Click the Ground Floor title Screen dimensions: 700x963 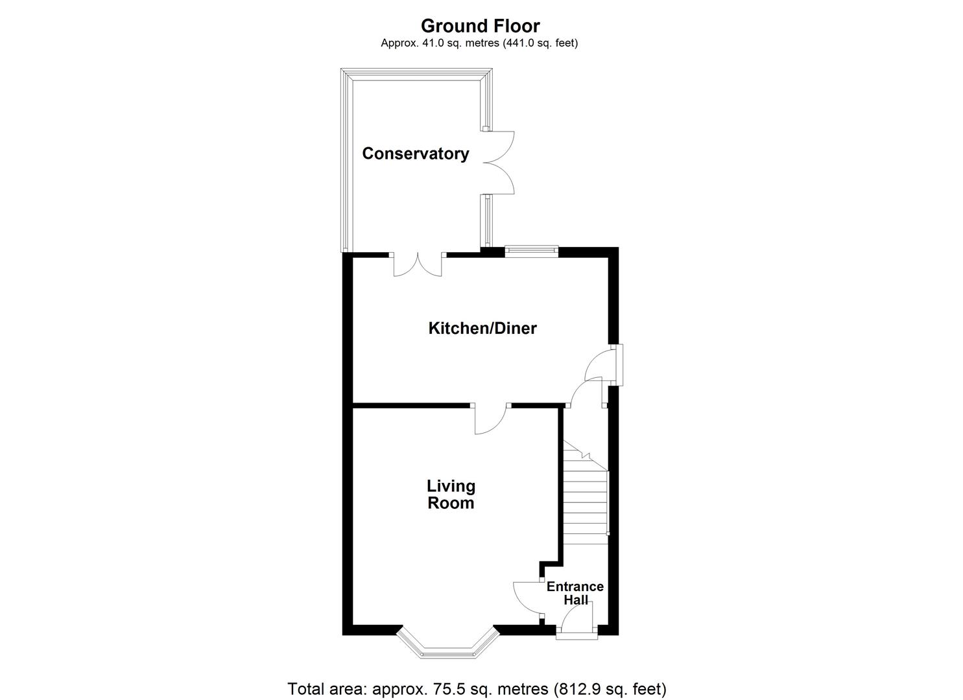coord(480,26)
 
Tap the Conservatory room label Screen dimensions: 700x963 coord(415,154)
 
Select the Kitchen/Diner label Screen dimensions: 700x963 coord(482,328)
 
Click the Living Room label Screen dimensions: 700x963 coord(451,495)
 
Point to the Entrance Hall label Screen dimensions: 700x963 coord(575,593)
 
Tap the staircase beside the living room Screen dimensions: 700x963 coord(585,499)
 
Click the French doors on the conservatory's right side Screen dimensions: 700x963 coord(498,163)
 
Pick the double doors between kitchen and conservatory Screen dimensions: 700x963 coord(418,264)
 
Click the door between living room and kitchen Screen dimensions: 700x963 coord(491,419)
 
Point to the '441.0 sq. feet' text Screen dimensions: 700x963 coord(537,43)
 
